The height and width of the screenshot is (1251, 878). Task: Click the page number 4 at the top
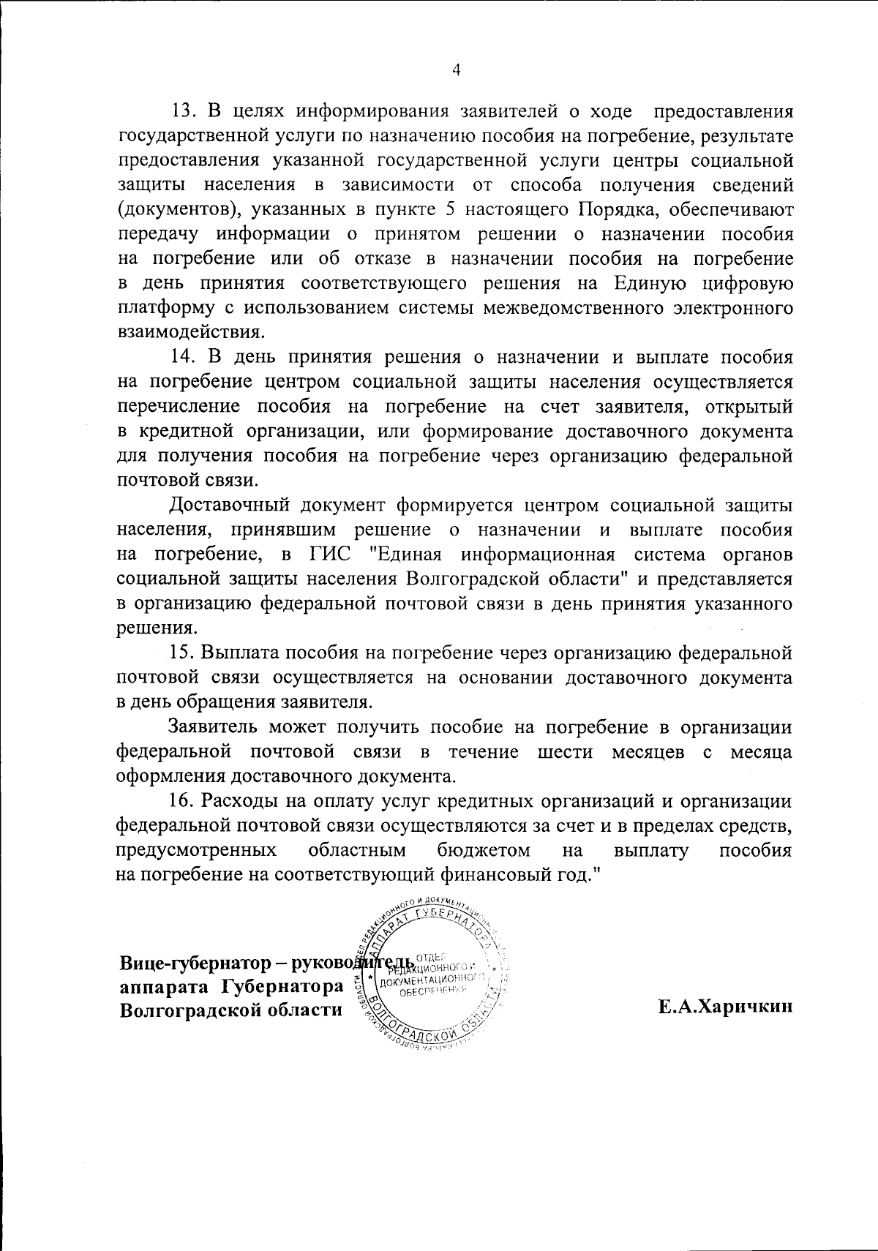[456, 69]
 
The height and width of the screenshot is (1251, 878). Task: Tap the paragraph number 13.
[181, 113]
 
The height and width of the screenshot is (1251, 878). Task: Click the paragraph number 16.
[181, 801]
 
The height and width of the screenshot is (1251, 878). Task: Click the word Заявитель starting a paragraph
[211, 727]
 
